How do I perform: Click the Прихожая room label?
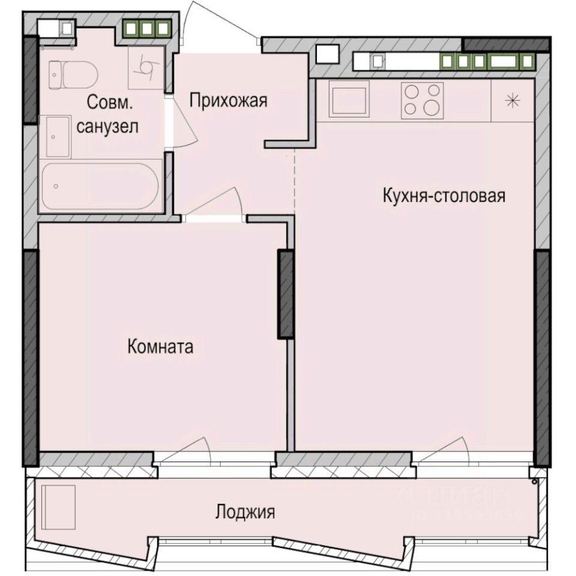[x=227, y=101]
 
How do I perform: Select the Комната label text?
[x=160, y=346]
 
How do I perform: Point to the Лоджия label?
[x=245, y=512]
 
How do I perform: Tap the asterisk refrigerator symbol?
[x=512, y=101]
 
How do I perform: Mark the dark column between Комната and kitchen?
[x=285, y=294]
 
